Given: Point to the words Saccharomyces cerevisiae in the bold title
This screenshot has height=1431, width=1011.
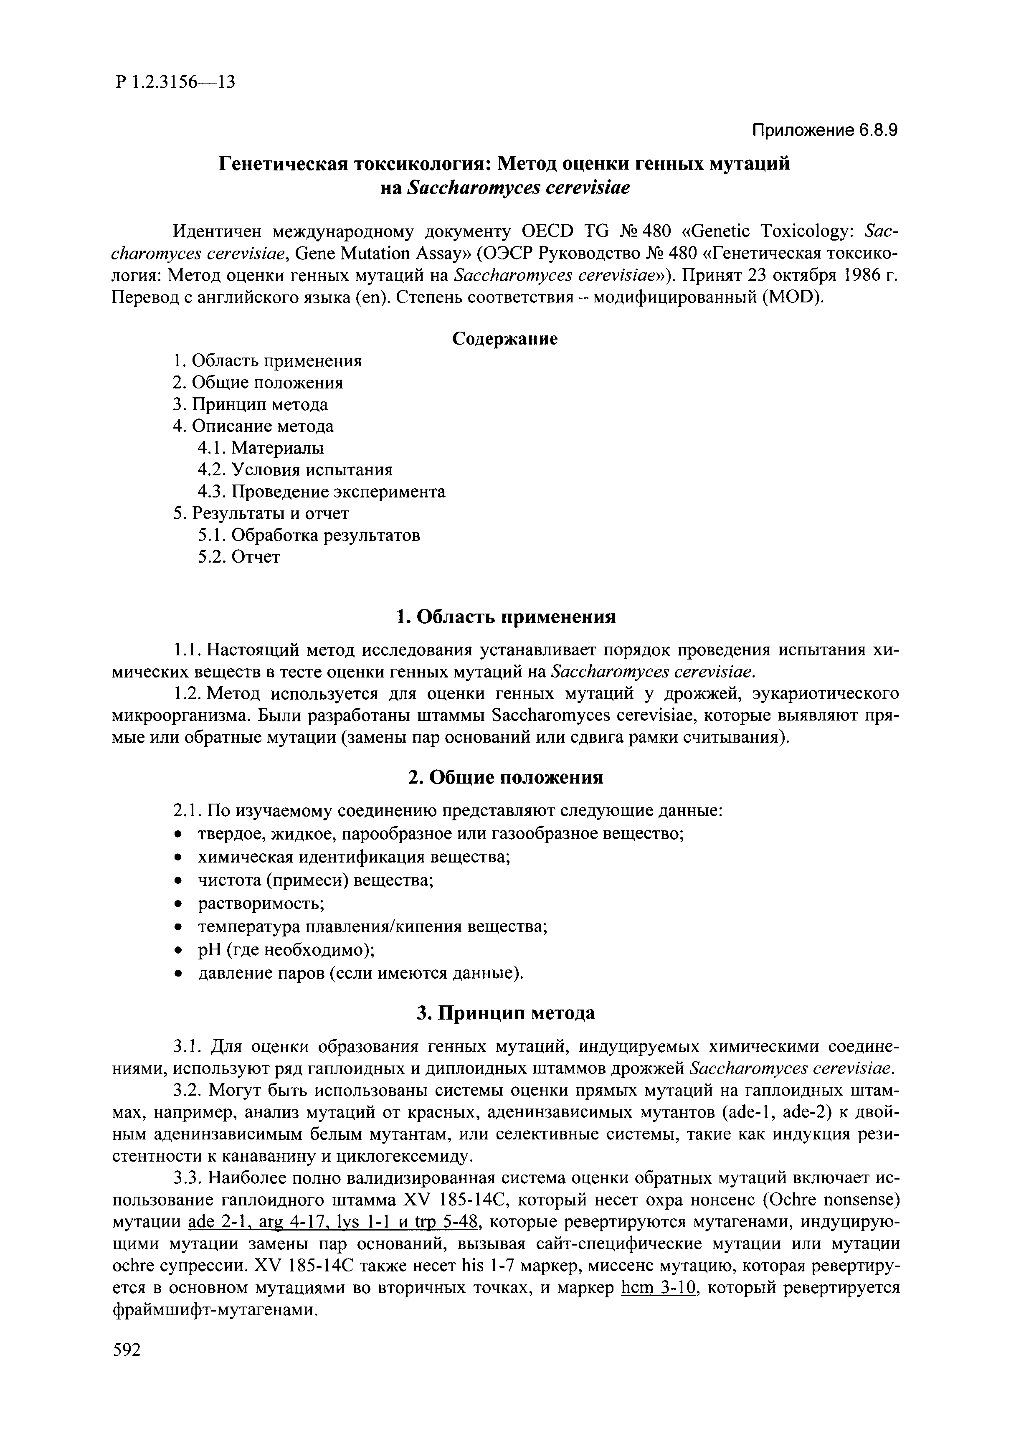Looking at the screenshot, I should [518, 187].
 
